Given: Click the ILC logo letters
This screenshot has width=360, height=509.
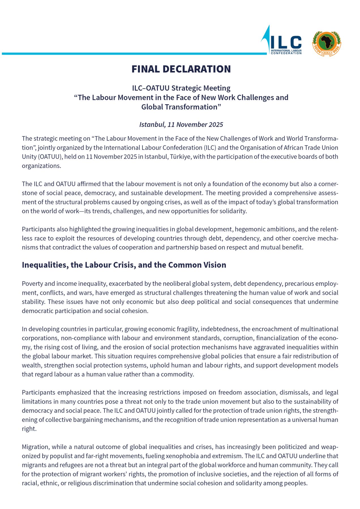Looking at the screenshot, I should [286, 42].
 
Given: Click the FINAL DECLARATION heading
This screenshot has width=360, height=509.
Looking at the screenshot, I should [181, 69].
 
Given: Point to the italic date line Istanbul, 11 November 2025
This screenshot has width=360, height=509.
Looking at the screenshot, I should [181, 124].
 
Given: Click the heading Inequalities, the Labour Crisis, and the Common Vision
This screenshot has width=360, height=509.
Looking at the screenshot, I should [124, 265].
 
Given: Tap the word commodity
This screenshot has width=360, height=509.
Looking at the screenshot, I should [180, 374].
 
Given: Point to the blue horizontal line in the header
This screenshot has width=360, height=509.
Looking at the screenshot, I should [133, 53].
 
